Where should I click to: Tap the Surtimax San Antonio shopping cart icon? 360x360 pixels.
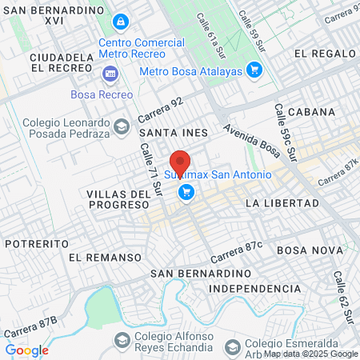tap(186, 191)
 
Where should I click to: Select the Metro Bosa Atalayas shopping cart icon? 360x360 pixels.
tap(254, 70)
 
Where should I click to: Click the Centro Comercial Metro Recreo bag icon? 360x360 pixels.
tap(120, 21)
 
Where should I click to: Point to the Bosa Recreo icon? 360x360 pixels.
tap(110, 74)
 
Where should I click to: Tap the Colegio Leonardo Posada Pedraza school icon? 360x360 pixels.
tap(121, 126)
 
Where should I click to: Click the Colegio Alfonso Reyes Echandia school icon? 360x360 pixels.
tap(122, 340)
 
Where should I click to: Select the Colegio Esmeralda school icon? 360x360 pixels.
tap(233, 346)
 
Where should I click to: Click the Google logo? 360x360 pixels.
tap(26, 350)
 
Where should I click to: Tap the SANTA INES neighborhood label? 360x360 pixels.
tap(173, 133)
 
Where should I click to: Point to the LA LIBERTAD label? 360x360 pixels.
tap(275, 203)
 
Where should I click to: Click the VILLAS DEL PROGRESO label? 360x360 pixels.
tap(119, 200)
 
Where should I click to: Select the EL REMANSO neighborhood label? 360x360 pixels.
tap(105, 258)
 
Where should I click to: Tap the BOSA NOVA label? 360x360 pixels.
tap(305, 250)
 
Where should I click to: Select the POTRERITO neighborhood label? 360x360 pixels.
tap(34, 242)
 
